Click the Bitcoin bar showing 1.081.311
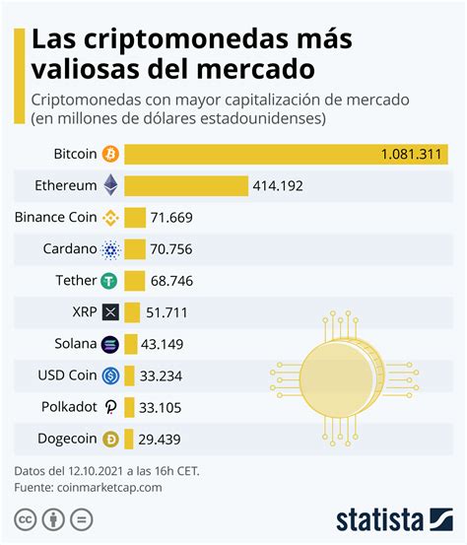(286, 155)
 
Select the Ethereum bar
(186, 186)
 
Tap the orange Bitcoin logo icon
(110, 155)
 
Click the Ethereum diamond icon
(110, 186)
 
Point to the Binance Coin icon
(110, 218)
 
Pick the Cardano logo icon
(110, 249)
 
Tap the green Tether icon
(110, 281)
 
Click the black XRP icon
(110, 312)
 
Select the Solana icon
(110, 344)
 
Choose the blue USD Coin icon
(110, 375)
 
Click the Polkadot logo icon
(110, 407)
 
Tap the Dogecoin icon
(110, 439)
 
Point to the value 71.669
(173, 218)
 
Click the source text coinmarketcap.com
(109, 487)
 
